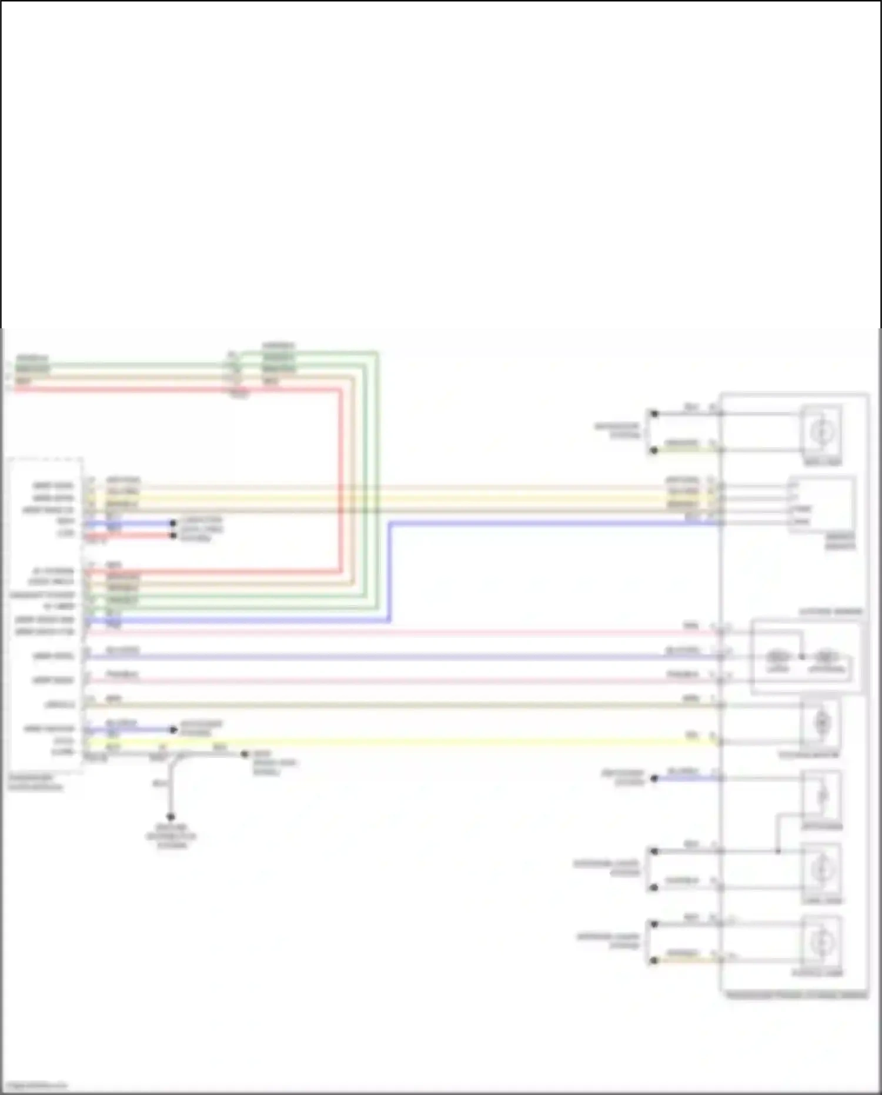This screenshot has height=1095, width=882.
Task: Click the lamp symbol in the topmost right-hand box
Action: point(821,432)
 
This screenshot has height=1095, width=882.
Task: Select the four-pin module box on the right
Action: point(821,504)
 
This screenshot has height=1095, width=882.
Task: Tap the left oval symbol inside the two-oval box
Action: point(777,656)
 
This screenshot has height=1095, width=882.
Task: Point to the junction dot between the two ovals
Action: point(801,656)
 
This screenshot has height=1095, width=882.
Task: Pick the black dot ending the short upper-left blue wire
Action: point(173,523)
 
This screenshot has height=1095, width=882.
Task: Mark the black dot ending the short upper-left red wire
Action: point(173,535)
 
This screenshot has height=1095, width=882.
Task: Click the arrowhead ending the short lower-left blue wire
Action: point(173,730)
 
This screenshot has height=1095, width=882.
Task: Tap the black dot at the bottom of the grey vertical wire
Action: point(171,817)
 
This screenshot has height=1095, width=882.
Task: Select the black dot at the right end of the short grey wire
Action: point(245,754)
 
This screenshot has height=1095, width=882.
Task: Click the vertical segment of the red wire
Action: point(340,480)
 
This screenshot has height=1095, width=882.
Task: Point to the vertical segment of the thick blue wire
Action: point(389,571)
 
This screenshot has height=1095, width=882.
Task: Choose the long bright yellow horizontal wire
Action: point(400,742)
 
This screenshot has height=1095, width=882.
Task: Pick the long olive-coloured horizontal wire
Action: point(400,705)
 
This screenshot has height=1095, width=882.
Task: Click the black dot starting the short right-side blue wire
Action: point(654,778)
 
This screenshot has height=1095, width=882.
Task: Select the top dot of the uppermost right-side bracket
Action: point(654,414)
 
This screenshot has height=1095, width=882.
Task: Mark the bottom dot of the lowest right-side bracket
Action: point(654,961)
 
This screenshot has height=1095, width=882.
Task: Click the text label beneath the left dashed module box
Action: point(35,782)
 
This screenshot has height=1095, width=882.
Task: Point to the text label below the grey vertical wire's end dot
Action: point(171,836)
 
